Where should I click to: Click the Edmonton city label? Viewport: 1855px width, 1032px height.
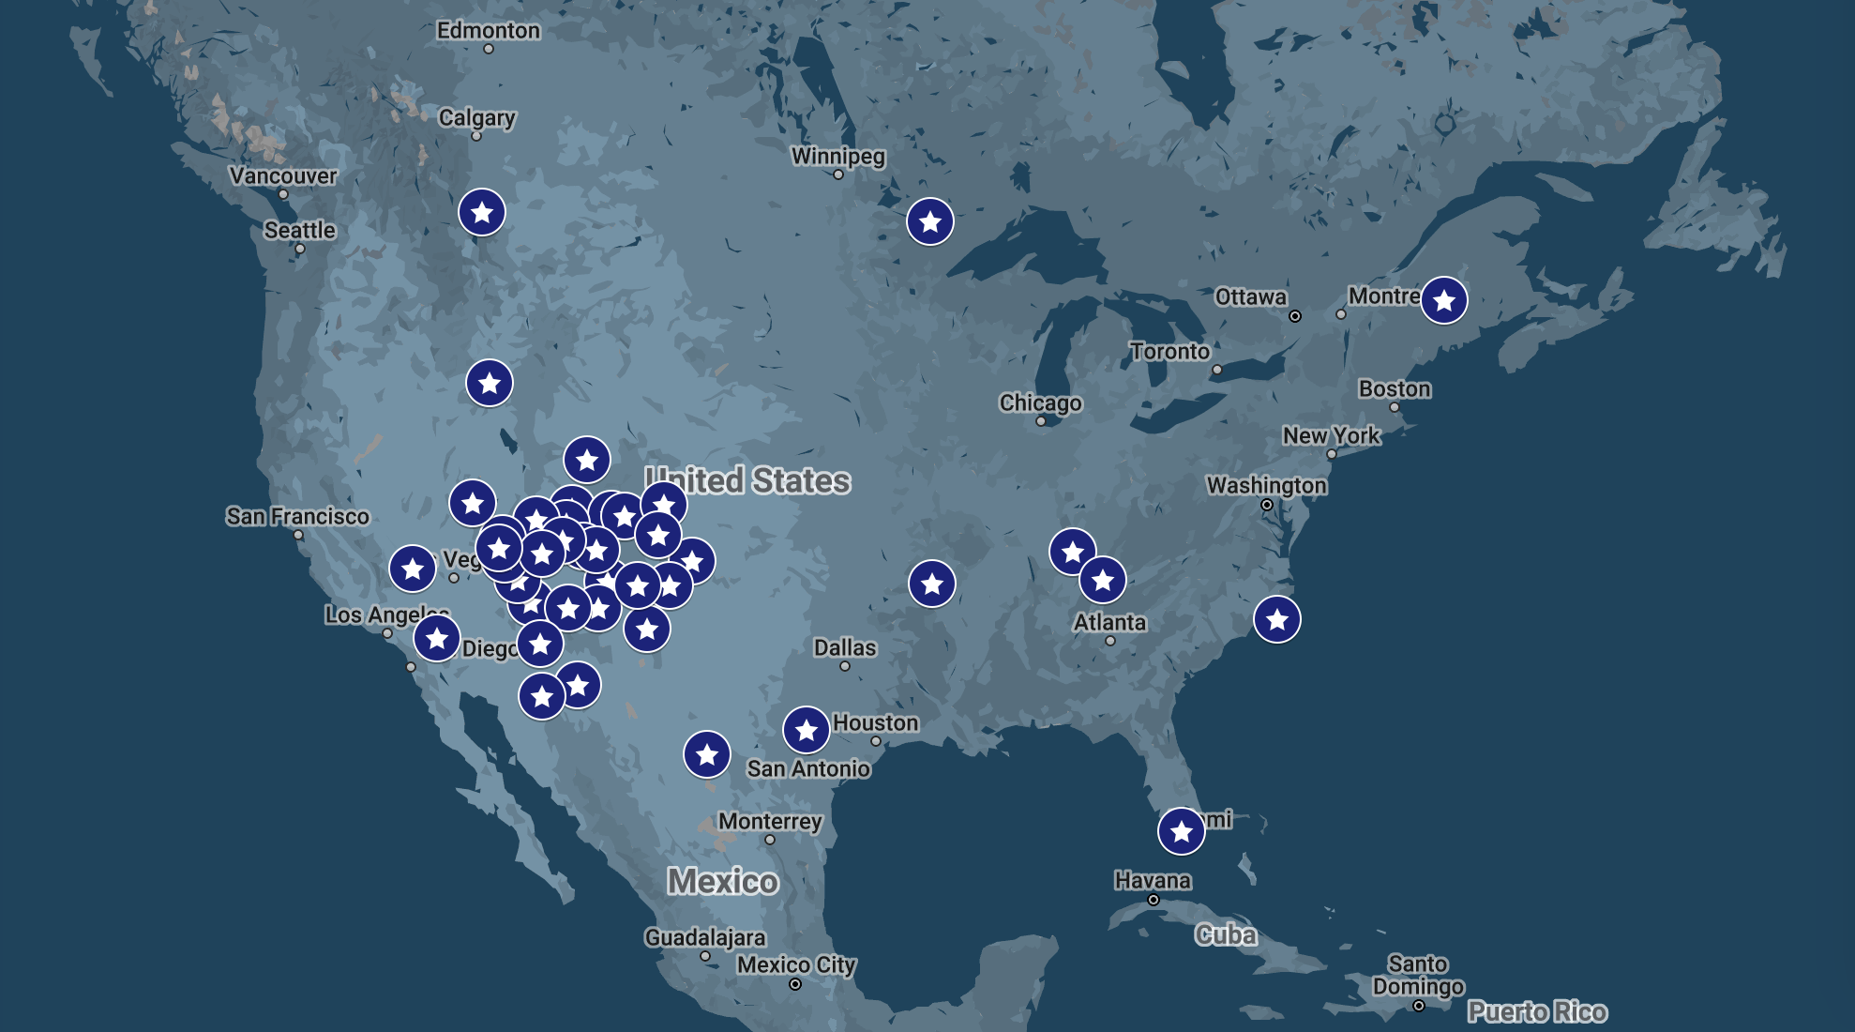pos(488,31)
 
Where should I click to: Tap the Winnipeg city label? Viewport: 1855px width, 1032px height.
pos(837,156)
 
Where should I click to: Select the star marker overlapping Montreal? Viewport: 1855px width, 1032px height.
pos(1443,300)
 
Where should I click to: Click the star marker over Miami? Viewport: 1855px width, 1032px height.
pos(1181,831)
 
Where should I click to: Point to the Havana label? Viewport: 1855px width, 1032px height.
pos(1153,881)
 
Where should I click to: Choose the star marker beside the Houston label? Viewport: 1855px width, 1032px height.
pos(806,730)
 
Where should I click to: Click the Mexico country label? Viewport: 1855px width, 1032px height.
pos(722,881)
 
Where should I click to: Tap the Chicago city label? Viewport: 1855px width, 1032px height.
pos(1040,403)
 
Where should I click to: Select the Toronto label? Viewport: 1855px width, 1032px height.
pos(1169,352)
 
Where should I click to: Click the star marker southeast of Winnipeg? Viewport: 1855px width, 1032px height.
pos(929,222)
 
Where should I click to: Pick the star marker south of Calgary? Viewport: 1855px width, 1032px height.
pos(482,213)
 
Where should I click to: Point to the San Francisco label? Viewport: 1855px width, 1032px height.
pos(297,517)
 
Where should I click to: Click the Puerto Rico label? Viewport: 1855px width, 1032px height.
pos(1537,1011)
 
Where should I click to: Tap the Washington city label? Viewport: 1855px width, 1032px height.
pos(1266,486)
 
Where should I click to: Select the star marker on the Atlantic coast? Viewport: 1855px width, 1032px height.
pos(1276,620)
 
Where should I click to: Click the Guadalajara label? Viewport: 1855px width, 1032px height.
pos(704,937)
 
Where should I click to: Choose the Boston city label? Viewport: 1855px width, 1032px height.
pos(1395,389)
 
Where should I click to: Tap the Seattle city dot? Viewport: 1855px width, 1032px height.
pos(300,249)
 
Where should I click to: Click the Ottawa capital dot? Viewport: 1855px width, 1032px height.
pos(1295,316)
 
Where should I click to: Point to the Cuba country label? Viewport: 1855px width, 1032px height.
pos(1226,934)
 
